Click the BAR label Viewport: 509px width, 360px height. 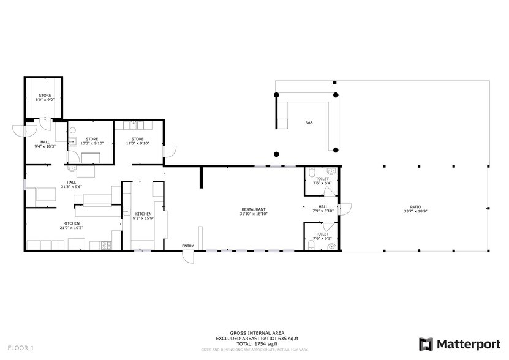(309, 123)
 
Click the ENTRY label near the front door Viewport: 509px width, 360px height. (187, 246)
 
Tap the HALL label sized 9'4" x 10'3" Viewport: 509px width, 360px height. (45, 144)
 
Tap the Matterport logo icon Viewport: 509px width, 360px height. (426, 344)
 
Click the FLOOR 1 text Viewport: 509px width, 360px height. (21, 348)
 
